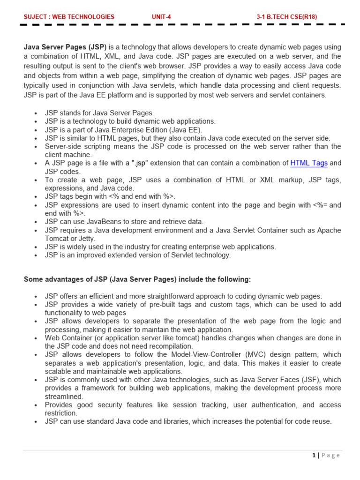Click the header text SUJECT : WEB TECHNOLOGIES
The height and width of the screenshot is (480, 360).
click(x=69, y=17)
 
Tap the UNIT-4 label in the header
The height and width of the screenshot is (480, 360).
click(x=161, y=17)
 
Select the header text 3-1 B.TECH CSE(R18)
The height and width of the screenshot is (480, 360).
click(x=286, y=17)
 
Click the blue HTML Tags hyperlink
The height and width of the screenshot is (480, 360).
click(x=309, y=163)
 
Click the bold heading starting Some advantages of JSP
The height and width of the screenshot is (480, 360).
click(x=137, y=279)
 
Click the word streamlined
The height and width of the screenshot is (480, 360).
click(x=63, y=397)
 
